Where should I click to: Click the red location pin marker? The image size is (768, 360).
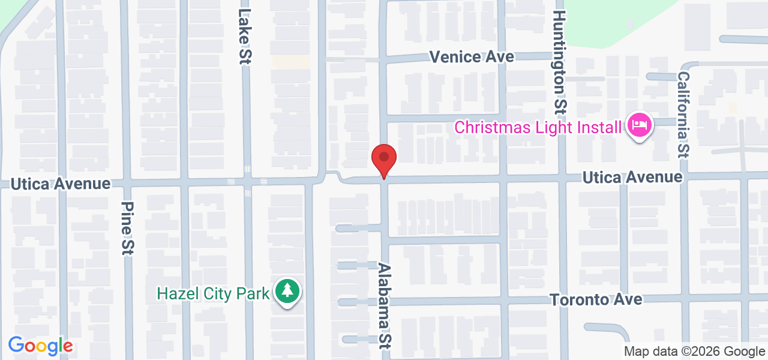click(384, 160)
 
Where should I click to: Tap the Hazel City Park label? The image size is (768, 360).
click(213, 294)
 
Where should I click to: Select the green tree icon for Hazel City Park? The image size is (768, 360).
click(288, 292)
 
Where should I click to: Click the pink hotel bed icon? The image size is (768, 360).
click(640, 125)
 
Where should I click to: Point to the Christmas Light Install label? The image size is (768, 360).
click(538, 127)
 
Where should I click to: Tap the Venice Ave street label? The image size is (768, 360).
click(472, 57)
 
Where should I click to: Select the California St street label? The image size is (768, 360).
click(683, 114)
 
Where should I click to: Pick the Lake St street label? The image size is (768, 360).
click(244, 36)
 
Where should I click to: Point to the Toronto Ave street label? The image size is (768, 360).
click(596, 299)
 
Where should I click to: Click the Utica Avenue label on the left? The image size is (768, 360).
click(61, 184)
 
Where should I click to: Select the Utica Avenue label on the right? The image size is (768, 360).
click(633, 177)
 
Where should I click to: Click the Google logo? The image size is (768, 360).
click(40, 346)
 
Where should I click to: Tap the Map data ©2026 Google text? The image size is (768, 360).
click(694, 352)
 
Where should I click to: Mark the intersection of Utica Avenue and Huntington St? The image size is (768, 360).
click(562, 178)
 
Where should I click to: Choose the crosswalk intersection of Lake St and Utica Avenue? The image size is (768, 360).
click(247, 181)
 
